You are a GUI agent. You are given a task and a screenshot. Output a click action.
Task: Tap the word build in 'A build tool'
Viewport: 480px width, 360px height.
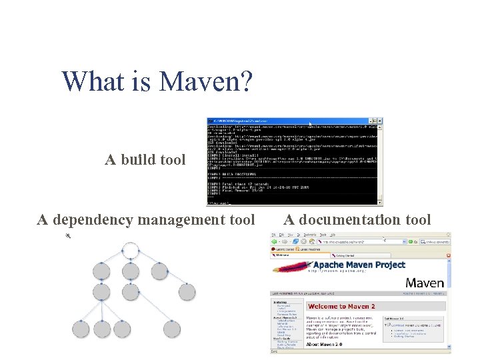[139, 160]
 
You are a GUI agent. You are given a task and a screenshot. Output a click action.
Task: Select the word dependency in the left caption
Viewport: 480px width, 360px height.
[90, 220]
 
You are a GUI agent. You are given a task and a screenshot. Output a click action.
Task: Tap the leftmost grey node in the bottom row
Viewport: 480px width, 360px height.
[81, 328]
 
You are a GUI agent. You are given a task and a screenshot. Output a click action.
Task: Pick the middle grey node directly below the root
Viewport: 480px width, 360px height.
[131, 271]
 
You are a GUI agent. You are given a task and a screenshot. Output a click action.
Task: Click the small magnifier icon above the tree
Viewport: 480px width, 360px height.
[67, 236]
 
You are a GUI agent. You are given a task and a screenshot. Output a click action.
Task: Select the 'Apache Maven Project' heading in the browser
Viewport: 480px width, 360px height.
[360, 265]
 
